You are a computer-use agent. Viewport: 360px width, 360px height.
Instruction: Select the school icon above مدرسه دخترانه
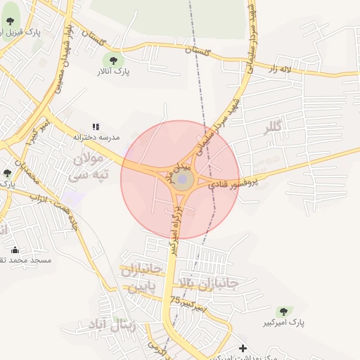pyautogui.click(x=96, y=126)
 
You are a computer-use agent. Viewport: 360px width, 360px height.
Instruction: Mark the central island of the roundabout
pyautogui.click(x=182, y=181)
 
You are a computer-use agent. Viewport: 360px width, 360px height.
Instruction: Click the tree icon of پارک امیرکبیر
pyautogui.click(x=284, y=311)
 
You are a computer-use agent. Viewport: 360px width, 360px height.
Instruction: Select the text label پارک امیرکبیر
pyautogui.click(x=289, y=323)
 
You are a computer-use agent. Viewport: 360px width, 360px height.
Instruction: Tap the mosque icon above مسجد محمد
pyautogui.click(x=15, y=249)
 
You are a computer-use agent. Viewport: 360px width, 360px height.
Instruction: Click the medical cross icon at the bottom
pyautogui.click(x=243, y=347)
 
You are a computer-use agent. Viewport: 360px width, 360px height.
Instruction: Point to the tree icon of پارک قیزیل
pyautogui.click(x=11, y=22)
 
